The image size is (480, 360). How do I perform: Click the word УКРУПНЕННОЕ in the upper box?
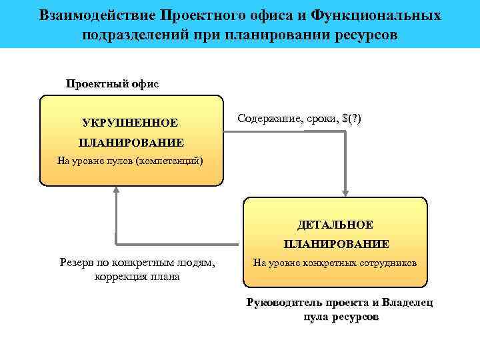[x=130, y=123]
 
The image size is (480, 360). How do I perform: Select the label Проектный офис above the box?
[x=112, y=84]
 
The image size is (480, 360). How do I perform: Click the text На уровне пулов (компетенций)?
[x=131, y=160]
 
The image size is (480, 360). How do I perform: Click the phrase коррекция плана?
[x=137, y=277]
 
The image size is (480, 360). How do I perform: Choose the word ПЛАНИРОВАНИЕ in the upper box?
[x=131, y=142]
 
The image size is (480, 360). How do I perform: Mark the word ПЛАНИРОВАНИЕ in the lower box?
[x=336, y=244]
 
